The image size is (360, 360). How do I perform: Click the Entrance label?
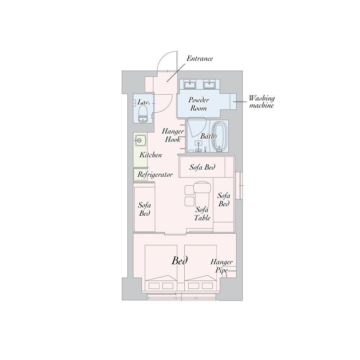(x=199, y=59)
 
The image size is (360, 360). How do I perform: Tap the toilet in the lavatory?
(x=143, y=114)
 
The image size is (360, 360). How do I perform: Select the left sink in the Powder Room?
(x=190, y=84)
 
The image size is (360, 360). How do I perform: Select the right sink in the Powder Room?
(x=209, y=84)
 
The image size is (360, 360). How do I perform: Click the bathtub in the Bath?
(x=220, y=137)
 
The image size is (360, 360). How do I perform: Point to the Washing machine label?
(x=261, y=102)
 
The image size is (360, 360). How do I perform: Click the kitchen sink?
(x=140, y=140)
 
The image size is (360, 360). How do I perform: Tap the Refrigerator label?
(x=155, y=175)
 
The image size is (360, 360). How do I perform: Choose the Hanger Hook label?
(x=173, y=135)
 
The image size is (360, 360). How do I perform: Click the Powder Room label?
(x=199, y=104)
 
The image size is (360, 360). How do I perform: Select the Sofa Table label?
(x=202, y=213)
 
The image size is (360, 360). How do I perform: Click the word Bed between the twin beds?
(x=180, y=261)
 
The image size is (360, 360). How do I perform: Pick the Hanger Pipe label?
(x=221, y=266)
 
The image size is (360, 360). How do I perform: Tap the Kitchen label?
(x=150, y=155)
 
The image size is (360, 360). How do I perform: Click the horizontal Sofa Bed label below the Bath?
(x=202, y=167)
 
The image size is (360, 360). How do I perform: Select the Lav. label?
(x=144, y=102)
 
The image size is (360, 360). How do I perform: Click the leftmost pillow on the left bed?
(x=154, y=286)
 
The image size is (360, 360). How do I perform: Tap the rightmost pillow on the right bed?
(x=207, y=286)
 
